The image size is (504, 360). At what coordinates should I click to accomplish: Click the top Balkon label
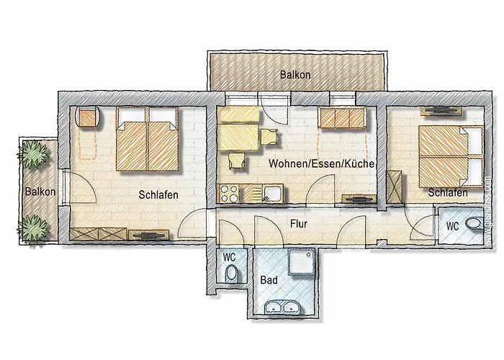pyautogui.click(x=295, y=75)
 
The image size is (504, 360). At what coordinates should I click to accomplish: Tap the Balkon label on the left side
pyautogui.click(x=40, y=192)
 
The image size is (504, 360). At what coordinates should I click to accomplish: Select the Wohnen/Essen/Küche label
pyautogui.click(x=321, y=163)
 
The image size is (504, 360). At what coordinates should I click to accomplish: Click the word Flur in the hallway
pyautogui.click(x=299, y=224)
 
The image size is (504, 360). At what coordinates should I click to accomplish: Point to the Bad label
pyautogui.click(x=269, y=280)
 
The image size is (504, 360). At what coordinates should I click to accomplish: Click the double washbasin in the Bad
pyautogui.click(x=283, y=307)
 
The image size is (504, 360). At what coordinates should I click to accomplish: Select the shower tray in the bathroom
pyautogui.click(x=301, y=262)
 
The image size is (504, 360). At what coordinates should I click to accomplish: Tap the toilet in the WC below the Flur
pyautogui.click(x=231, y=274)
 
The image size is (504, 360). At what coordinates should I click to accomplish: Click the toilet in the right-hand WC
pyautogui.click(x=474, y=223)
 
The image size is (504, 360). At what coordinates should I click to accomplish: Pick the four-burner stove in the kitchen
pyautogui.click(x=229, y=194)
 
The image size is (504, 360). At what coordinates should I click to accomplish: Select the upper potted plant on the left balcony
pyautogui.click(x=33, y=154)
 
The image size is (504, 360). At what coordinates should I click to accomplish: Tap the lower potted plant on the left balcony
pyautogui.click(x=33, y=228)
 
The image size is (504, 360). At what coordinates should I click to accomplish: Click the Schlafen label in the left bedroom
pyautogui.click(x=158, y=195)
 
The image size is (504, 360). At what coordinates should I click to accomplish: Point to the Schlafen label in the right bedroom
pyautogui.click(x=447, y=193)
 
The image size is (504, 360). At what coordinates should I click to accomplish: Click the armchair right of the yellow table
pyautogui.click(x=269, y=137)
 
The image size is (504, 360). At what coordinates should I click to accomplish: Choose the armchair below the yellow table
pyautogui.click(x=237, y=160)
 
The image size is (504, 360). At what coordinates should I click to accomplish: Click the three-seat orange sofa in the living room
pyautogui.click(x=342, y=117)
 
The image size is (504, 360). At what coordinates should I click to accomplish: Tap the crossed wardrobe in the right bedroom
pyautogui.click(x=394, y=186)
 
